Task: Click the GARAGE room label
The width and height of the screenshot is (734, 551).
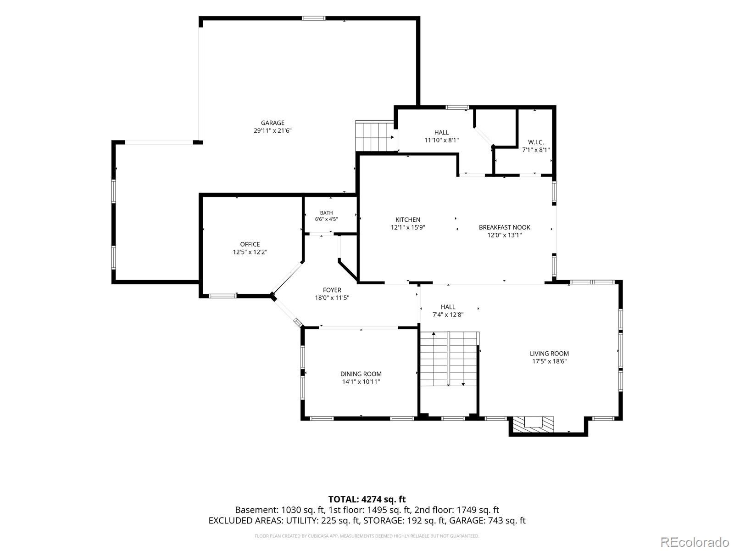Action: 272,123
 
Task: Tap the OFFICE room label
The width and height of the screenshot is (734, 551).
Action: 250,244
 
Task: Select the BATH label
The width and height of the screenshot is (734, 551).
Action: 326,213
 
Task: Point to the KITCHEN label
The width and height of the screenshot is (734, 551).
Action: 408,220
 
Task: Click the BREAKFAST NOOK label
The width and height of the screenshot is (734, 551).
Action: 504,227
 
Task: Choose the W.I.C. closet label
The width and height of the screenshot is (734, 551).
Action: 536,142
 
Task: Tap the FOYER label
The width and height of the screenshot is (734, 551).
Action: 332,290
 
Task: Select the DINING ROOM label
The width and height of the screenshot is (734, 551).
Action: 361,374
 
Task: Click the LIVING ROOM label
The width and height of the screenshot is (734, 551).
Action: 549,354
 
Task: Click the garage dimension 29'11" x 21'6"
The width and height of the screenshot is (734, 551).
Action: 272,131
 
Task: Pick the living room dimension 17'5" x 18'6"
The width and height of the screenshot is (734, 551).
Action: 550,361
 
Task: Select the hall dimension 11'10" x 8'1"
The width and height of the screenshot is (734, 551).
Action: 441,141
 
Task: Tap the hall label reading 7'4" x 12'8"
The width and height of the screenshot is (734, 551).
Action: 448,315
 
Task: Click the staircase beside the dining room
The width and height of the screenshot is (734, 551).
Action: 449,359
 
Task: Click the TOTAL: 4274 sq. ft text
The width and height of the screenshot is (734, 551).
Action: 367,499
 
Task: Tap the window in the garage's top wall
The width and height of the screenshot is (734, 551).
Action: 313,18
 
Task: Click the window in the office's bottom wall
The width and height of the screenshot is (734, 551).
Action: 222,296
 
